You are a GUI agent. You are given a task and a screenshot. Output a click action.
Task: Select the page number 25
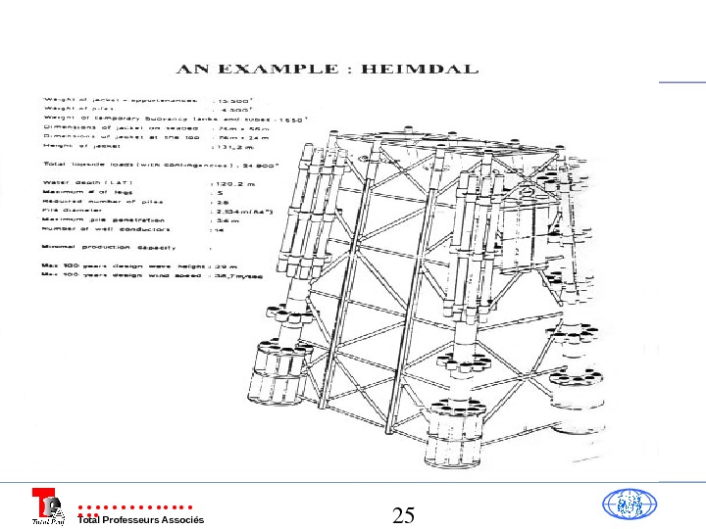[x=404, y=514]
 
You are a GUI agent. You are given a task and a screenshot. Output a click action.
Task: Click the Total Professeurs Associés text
[x=141, y=519]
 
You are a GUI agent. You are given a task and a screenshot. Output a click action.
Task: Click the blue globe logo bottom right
[x=627, y=505]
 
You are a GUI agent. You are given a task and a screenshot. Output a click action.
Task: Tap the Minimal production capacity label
[x=108, y=248]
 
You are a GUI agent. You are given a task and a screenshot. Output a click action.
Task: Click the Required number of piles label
[x=98, y=201]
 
